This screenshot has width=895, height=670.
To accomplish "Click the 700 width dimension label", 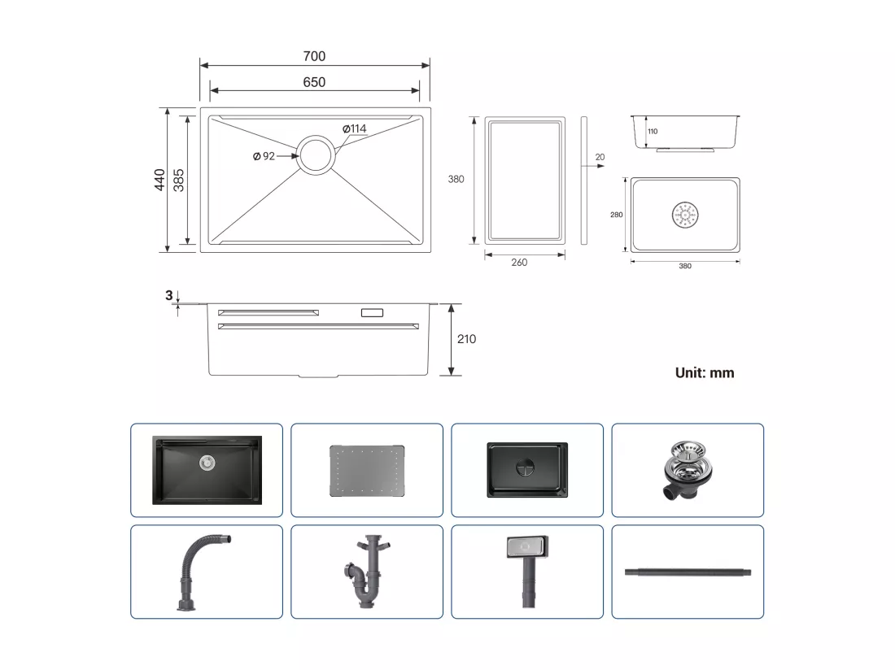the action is pos(314,56).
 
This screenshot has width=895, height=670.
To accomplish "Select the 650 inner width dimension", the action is pos(314,82).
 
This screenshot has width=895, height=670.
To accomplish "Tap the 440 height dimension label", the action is pos(159,180).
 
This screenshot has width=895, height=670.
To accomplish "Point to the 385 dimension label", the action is pos(179,180).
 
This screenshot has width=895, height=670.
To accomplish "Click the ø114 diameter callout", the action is pos(355,128).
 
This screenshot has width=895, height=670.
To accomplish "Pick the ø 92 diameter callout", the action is pos(264,155).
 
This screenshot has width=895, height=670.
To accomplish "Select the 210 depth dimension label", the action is pos(466,339).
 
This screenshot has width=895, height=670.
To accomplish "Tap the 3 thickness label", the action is pos(169,295).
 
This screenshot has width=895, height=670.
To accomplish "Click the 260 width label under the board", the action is pos(519,263).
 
